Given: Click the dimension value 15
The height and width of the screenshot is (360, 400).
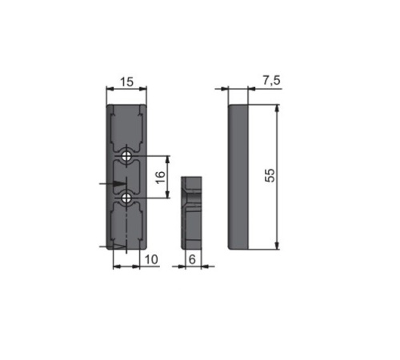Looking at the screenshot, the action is coord(126,82).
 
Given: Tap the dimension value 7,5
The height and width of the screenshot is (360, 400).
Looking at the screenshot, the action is coord(271,80).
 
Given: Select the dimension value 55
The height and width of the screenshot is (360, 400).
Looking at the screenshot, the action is coord(270,175).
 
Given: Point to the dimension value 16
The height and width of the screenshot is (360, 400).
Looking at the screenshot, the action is coord(160,178).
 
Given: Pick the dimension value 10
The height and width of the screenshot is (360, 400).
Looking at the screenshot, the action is coord(151,259).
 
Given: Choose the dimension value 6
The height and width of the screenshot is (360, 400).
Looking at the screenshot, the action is coord(192,259).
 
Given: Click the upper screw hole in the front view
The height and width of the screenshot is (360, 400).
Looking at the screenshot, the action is coord(126,157).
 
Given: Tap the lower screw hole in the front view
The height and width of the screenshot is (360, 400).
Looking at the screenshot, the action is coord(126,198).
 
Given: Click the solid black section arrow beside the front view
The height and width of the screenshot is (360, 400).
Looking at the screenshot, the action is coord(119,184).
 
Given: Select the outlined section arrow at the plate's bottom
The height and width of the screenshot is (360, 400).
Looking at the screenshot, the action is coord(119,246).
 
